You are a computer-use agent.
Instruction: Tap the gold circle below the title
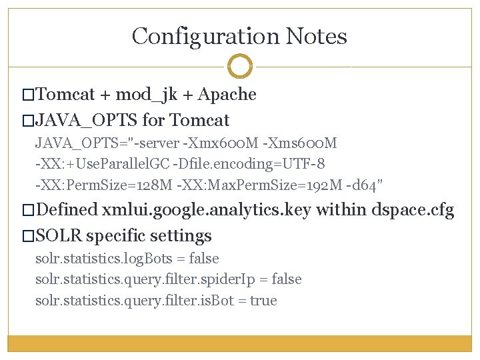[x=240, y=67]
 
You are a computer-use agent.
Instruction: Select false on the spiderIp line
[x=283, y=279]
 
